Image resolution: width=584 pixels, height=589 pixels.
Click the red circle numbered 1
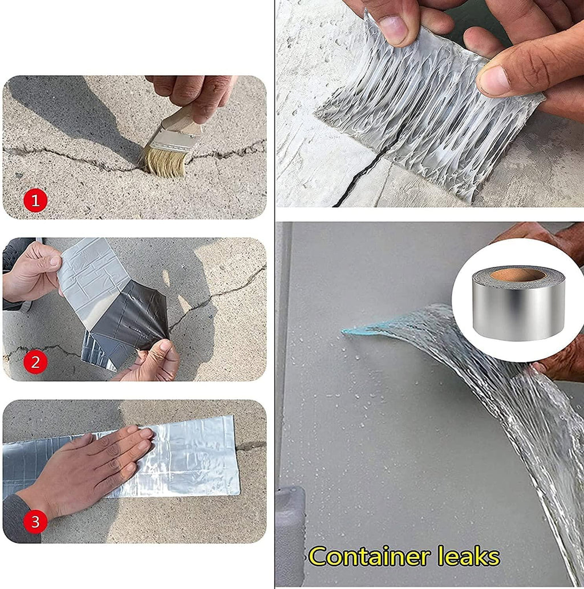[35, 200]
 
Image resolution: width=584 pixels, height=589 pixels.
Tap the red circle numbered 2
[35, 362]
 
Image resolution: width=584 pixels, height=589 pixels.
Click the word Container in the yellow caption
[367, 556]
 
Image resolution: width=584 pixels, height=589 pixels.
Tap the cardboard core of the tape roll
[517, 275]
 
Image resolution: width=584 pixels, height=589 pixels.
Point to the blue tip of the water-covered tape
[349, 331]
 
